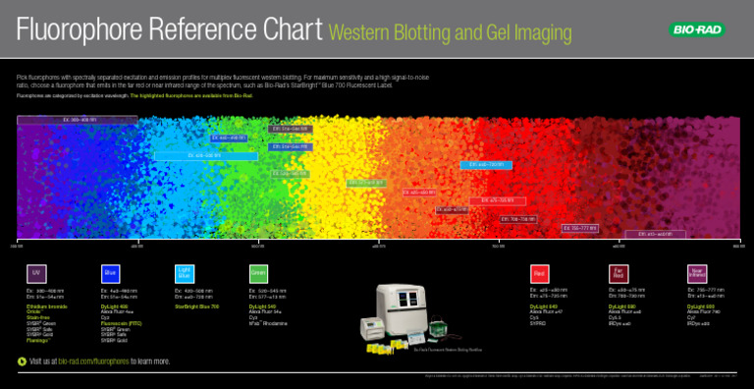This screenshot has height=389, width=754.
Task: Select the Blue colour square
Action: tap(111, 272)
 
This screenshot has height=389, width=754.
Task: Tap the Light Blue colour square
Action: tap(185, 272)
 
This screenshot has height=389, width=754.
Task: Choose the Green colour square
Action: tap(258, 272)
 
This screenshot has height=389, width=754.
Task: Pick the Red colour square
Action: tap(539, 272)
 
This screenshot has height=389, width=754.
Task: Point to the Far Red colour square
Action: tap(619, 272)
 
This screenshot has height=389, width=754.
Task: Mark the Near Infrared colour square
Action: tap(696, 272)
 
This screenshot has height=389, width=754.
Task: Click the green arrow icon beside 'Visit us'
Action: tap(23, 361)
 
